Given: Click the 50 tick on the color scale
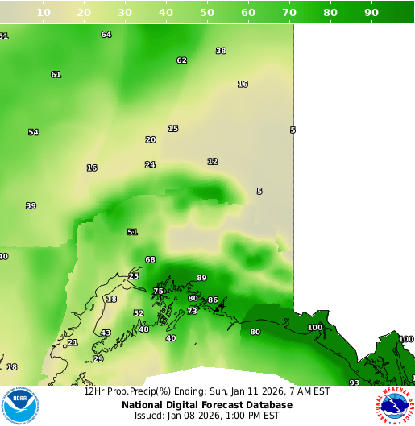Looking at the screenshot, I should point(207,12).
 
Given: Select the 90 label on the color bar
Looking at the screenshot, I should point(371,12).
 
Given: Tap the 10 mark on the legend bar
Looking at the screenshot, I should point(44,12).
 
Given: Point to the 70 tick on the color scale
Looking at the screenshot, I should point(289,12).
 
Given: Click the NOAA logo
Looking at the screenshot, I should point(20,405).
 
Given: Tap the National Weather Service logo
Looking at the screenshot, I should point(394,405).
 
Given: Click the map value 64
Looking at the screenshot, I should point(106,35).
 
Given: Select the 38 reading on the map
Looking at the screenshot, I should point(221,51).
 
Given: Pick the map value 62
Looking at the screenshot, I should point(181,60).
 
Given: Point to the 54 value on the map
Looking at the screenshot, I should point(33,132).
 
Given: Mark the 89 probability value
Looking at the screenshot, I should point(201,278).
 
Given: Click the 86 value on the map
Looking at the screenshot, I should point(213,300).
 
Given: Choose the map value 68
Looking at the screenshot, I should point(150,259).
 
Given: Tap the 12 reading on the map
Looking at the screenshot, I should point(212,162).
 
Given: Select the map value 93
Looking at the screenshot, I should point(354,383).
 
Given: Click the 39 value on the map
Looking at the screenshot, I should point(31,205).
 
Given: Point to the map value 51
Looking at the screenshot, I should point(132,232).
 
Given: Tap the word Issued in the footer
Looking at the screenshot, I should point(150,416).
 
